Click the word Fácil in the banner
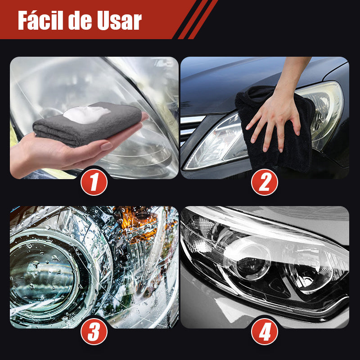pos(40,20)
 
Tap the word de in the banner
pos(80,21)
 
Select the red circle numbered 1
pos(94,182)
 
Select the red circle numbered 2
pos(265,182)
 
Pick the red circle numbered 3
pos(94,331)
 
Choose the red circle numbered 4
pos(265,331)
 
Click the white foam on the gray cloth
pos(87,114)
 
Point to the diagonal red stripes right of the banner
pos(198,19)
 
